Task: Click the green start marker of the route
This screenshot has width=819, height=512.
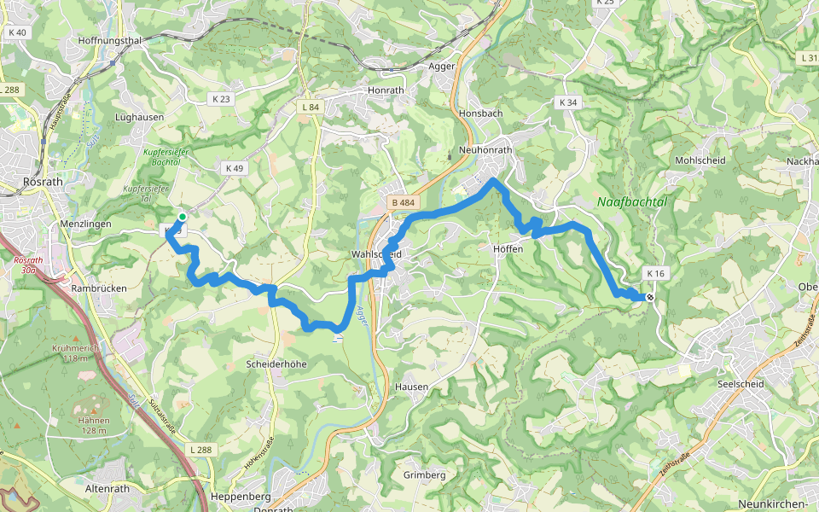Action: [182, 217]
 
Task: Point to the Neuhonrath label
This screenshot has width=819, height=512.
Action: [485, 149]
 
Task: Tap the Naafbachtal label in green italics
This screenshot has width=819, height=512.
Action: [632, 202]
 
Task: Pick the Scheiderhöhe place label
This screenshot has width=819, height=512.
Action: [276, 364]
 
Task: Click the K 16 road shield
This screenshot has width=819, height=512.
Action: [655, 273]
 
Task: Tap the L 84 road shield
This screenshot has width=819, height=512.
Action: [311, 107]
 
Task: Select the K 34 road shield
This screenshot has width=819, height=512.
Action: [567, 102]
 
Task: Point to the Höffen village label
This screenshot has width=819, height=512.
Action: [508, 249]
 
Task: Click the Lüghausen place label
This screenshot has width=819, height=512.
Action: [139, 116]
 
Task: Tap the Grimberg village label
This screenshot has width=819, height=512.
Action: [424, 474]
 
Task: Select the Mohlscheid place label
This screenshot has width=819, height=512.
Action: [700, 160]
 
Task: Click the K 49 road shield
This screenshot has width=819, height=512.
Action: [234, 168]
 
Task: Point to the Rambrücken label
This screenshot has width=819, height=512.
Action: [99, 288]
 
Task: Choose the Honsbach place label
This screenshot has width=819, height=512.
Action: [480, 113]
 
